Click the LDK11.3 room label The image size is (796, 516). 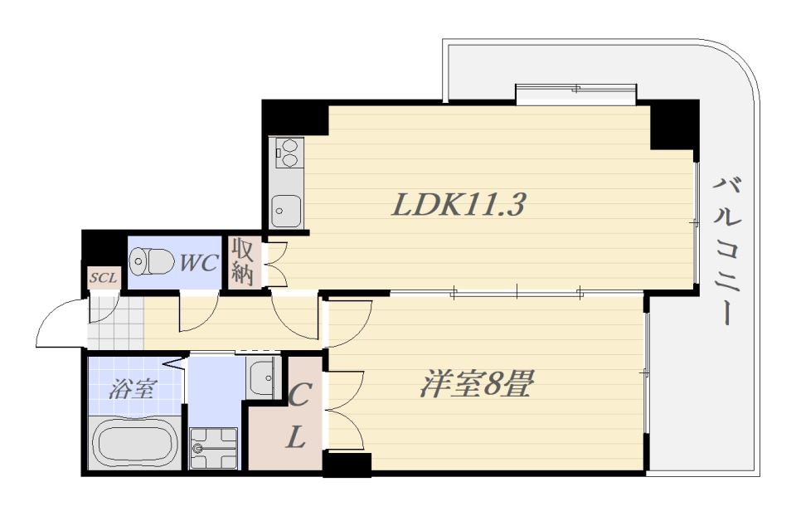coord(458,204)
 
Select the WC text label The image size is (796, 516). coord(199,263)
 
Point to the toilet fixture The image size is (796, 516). coord(152,261)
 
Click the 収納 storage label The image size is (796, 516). coord(243,262)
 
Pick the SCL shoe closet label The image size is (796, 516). coord(104,278)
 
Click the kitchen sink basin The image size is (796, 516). coord(286,211)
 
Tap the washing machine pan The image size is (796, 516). coord(213,449)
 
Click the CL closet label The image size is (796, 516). coord(298,415)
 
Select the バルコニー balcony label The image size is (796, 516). coord(728,251)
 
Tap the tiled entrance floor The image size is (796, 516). coord(116,323)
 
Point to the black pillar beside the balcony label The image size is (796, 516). coord(675,125)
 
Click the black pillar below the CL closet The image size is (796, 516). coord(347,465)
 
